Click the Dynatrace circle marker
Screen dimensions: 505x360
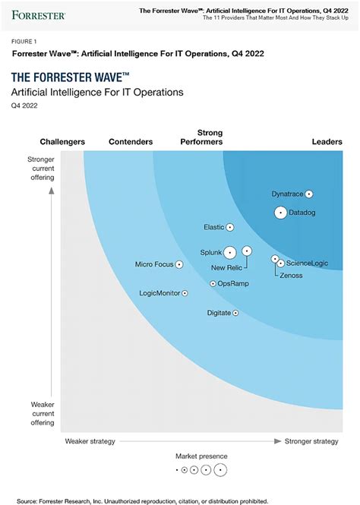point(309,194)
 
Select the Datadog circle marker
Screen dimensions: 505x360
point(280,213)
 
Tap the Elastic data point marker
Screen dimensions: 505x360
point(230,227)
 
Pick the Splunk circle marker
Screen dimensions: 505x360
point(229,252)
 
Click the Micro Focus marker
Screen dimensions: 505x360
point(179,265)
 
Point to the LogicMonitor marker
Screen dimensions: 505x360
point(185,293)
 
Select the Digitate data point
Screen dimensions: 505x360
point(235,313)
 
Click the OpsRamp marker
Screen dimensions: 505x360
point(213,283)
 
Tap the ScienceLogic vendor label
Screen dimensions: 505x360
point(308,264)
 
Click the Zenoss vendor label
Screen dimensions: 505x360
point(291,275)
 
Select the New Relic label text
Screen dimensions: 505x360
point(227,267)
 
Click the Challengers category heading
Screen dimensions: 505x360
point(62,142)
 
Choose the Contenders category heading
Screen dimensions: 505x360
point(131,142)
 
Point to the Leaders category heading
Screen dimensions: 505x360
point(327,142)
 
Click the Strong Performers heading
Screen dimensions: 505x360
point(201,137)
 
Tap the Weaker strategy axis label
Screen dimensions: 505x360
point(90,441)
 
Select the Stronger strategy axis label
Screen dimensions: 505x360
point(311,441)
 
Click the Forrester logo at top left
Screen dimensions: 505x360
point(38,14)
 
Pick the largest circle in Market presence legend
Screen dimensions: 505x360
point(220,470)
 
